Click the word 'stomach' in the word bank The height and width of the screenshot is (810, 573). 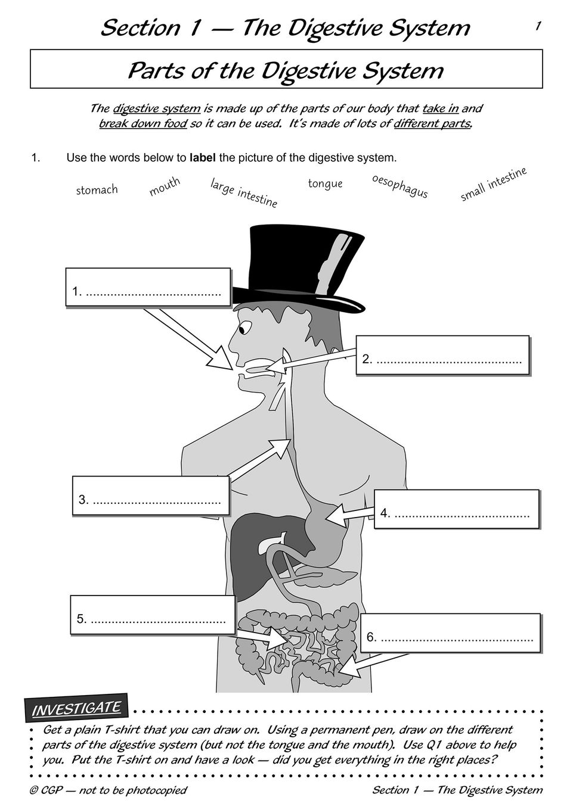(x=97, y=189)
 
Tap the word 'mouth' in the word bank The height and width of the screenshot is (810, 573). (x=165, y=186)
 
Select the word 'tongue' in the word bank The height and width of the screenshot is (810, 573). (x=325, y=183)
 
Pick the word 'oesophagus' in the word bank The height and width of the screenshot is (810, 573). (x=399, y=186)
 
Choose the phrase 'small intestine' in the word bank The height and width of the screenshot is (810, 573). (x=493, y=184)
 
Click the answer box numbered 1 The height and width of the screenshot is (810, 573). (x=148, y=286)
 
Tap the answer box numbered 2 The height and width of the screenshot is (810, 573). (x=442, y=355)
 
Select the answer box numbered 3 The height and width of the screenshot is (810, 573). (x=151, y=495)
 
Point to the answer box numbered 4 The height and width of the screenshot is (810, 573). (x=457, y=509)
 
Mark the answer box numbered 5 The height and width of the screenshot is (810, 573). (x=153, y=615)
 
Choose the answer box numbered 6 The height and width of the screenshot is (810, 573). (x=450, y=633)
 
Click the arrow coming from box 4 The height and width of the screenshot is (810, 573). (x=349, y=515)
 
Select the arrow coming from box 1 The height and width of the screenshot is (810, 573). (x=188, y=339)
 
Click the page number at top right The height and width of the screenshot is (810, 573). (x=538, y=26)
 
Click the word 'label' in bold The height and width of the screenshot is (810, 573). (x=203, y=158)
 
